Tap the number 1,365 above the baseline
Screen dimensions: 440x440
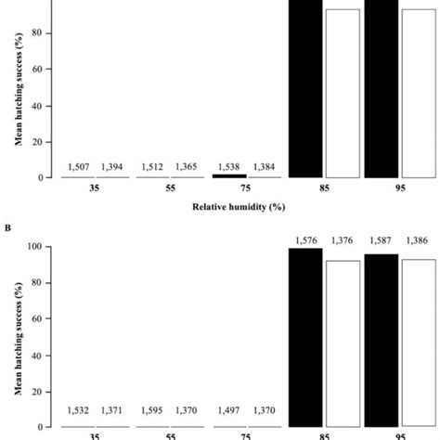click(x=187, y=167)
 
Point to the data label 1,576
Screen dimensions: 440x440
click(x=305, y=240)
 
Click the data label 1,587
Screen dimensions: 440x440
click(x=382, y=240)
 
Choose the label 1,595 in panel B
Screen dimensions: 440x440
click(x=153, y=409)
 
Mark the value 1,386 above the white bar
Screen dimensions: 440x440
click(x=419, y=240)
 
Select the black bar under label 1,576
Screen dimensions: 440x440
click(x=305, y=339)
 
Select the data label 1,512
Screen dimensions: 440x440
click(x=153, y=167)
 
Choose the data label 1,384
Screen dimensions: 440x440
click(x=266, y=167)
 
